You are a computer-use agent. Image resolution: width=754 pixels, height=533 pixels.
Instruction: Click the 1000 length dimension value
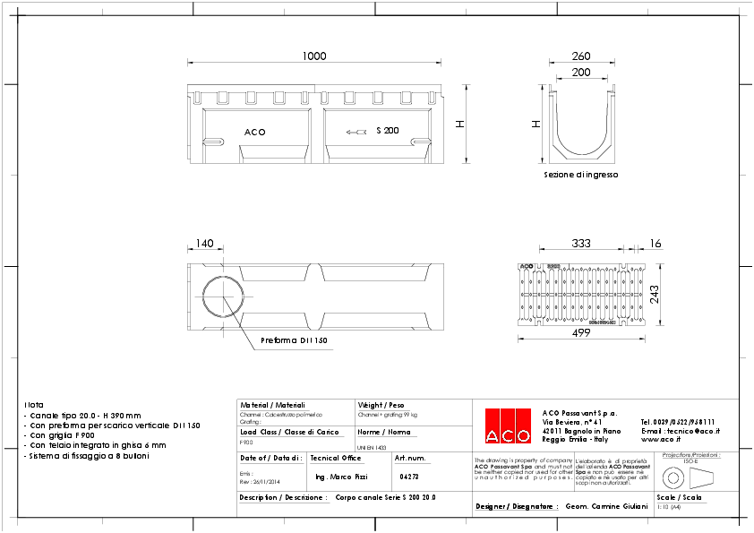point(313,56)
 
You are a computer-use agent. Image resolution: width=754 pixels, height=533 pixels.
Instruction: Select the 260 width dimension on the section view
point(580,56)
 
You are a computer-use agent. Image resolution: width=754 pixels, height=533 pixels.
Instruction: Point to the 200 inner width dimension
point(580,72)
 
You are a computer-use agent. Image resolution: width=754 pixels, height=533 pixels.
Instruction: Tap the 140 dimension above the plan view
point(204,244)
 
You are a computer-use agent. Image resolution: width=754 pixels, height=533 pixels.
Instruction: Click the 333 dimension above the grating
point(580,244)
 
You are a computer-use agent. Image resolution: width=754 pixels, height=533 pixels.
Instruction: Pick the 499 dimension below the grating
point(580,334)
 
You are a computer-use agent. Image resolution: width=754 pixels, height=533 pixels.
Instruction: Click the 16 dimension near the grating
point(655,244)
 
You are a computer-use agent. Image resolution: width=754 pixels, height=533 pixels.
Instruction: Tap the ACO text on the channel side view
point(254,133)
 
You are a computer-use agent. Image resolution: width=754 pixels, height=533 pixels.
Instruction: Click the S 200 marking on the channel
point(387,131)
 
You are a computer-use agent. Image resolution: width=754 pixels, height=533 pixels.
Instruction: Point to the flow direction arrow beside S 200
point(356,132)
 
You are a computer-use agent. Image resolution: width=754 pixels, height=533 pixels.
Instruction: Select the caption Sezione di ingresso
point(580,175)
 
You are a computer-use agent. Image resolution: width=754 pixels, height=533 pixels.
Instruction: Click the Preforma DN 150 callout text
point(294,341)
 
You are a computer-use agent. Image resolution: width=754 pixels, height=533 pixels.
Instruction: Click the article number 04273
point(409,477)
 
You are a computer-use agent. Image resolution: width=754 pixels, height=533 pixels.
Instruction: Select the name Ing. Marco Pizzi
point(342,477)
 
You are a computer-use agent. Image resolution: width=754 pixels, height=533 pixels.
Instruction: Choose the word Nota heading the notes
point(33,405)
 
